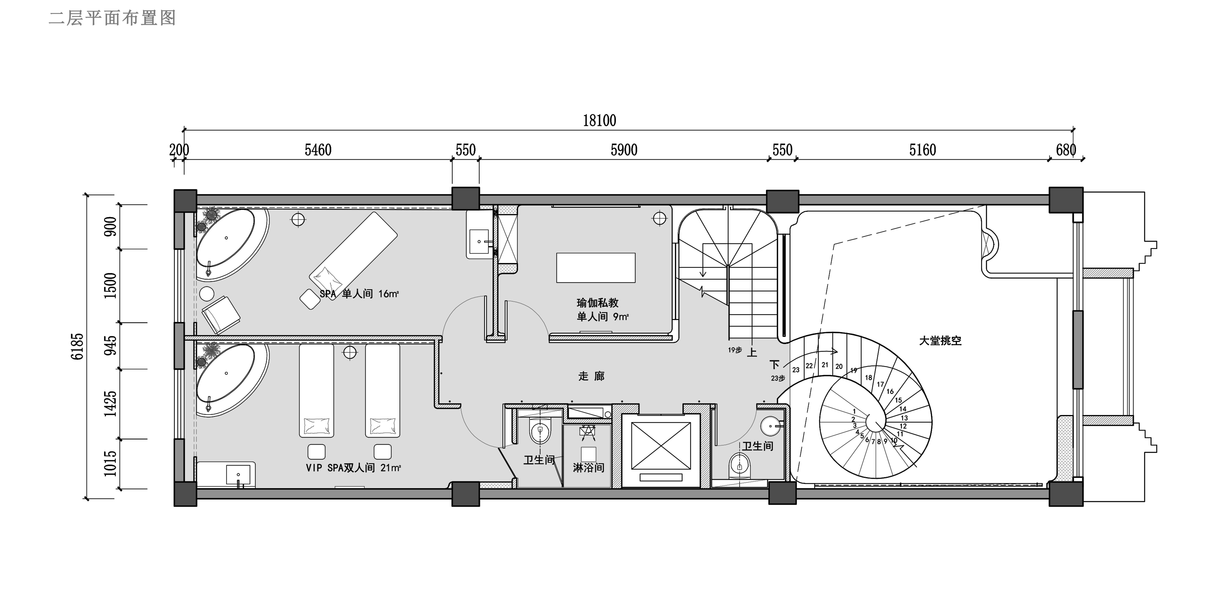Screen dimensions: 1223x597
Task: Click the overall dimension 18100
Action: point(599,121)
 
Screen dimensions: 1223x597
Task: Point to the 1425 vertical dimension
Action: point(110,404)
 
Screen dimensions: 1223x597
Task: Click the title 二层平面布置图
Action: point(112,18)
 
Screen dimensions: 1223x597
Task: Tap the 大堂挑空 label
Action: point(940,341)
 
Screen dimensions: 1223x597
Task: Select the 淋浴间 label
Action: point(588,468)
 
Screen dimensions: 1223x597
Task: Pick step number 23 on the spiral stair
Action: point(796,370)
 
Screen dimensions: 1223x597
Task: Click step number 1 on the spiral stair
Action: point(854,411)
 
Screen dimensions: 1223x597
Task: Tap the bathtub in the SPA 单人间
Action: point(232,243)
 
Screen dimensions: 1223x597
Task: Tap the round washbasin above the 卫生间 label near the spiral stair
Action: point(770,426)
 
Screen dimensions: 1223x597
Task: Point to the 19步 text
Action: point(735,350)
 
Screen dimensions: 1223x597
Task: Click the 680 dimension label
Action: point(1065,150)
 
